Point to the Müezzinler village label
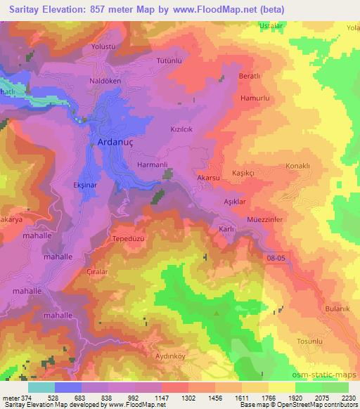pyautogui.click(x=265, y=219)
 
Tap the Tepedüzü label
pyautogui.click(x=129, y=239)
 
